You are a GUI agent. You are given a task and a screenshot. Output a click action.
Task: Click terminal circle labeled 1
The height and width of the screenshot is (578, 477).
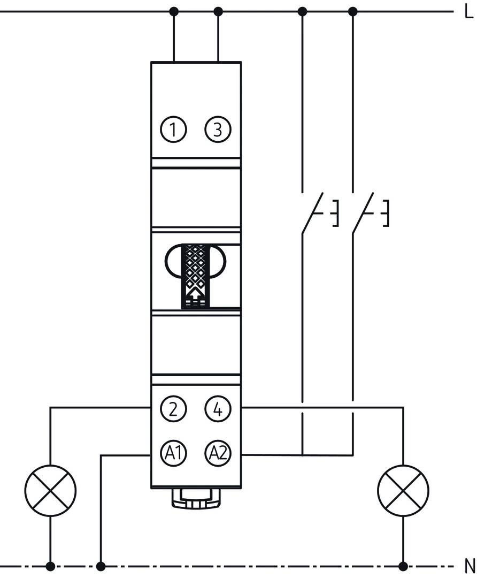click(173, 130)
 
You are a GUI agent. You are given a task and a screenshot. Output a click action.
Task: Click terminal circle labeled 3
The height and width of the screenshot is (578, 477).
click(217, 130)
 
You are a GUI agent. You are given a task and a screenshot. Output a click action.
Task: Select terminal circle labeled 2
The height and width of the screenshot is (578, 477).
click(173, 410)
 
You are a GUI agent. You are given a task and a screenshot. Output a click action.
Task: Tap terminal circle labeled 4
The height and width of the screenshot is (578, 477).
click(217, 410)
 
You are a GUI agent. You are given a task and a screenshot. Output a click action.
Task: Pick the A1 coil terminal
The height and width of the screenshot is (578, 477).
click(173, 454)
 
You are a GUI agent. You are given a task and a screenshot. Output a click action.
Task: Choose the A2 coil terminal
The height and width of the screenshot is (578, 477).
click(217, 454)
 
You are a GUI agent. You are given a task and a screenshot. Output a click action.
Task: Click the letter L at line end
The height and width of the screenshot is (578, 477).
click(469, 11)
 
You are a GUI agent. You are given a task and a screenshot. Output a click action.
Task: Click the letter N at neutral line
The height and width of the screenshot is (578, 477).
click(470, 566)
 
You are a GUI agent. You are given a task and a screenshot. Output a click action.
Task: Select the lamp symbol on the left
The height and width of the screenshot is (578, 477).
click(50, 490)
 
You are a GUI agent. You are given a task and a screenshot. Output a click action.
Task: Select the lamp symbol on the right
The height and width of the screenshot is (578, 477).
click(403, 490)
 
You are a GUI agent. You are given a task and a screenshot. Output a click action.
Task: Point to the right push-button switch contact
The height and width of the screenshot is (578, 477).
click(361, 212)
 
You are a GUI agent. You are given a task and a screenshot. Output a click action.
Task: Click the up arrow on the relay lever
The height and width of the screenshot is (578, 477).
click(196, 293)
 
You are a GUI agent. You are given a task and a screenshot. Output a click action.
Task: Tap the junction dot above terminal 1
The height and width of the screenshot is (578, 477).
click(173, 11)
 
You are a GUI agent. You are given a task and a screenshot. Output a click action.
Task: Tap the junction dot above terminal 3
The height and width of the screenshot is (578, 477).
click(218, 11)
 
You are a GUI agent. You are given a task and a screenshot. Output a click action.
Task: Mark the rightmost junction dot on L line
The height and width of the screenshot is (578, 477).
click(352, 11)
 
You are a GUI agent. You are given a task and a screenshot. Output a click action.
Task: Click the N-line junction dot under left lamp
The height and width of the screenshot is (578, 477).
click(50, 566)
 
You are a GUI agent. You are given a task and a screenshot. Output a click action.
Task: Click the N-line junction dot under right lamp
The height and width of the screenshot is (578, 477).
click(403, 566)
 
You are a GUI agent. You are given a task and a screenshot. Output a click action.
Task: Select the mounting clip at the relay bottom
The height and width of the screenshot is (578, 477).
click(196, 498)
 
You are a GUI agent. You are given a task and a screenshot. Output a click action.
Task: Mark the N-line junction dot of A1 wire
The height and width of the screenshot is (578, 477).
click(101, 566)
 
